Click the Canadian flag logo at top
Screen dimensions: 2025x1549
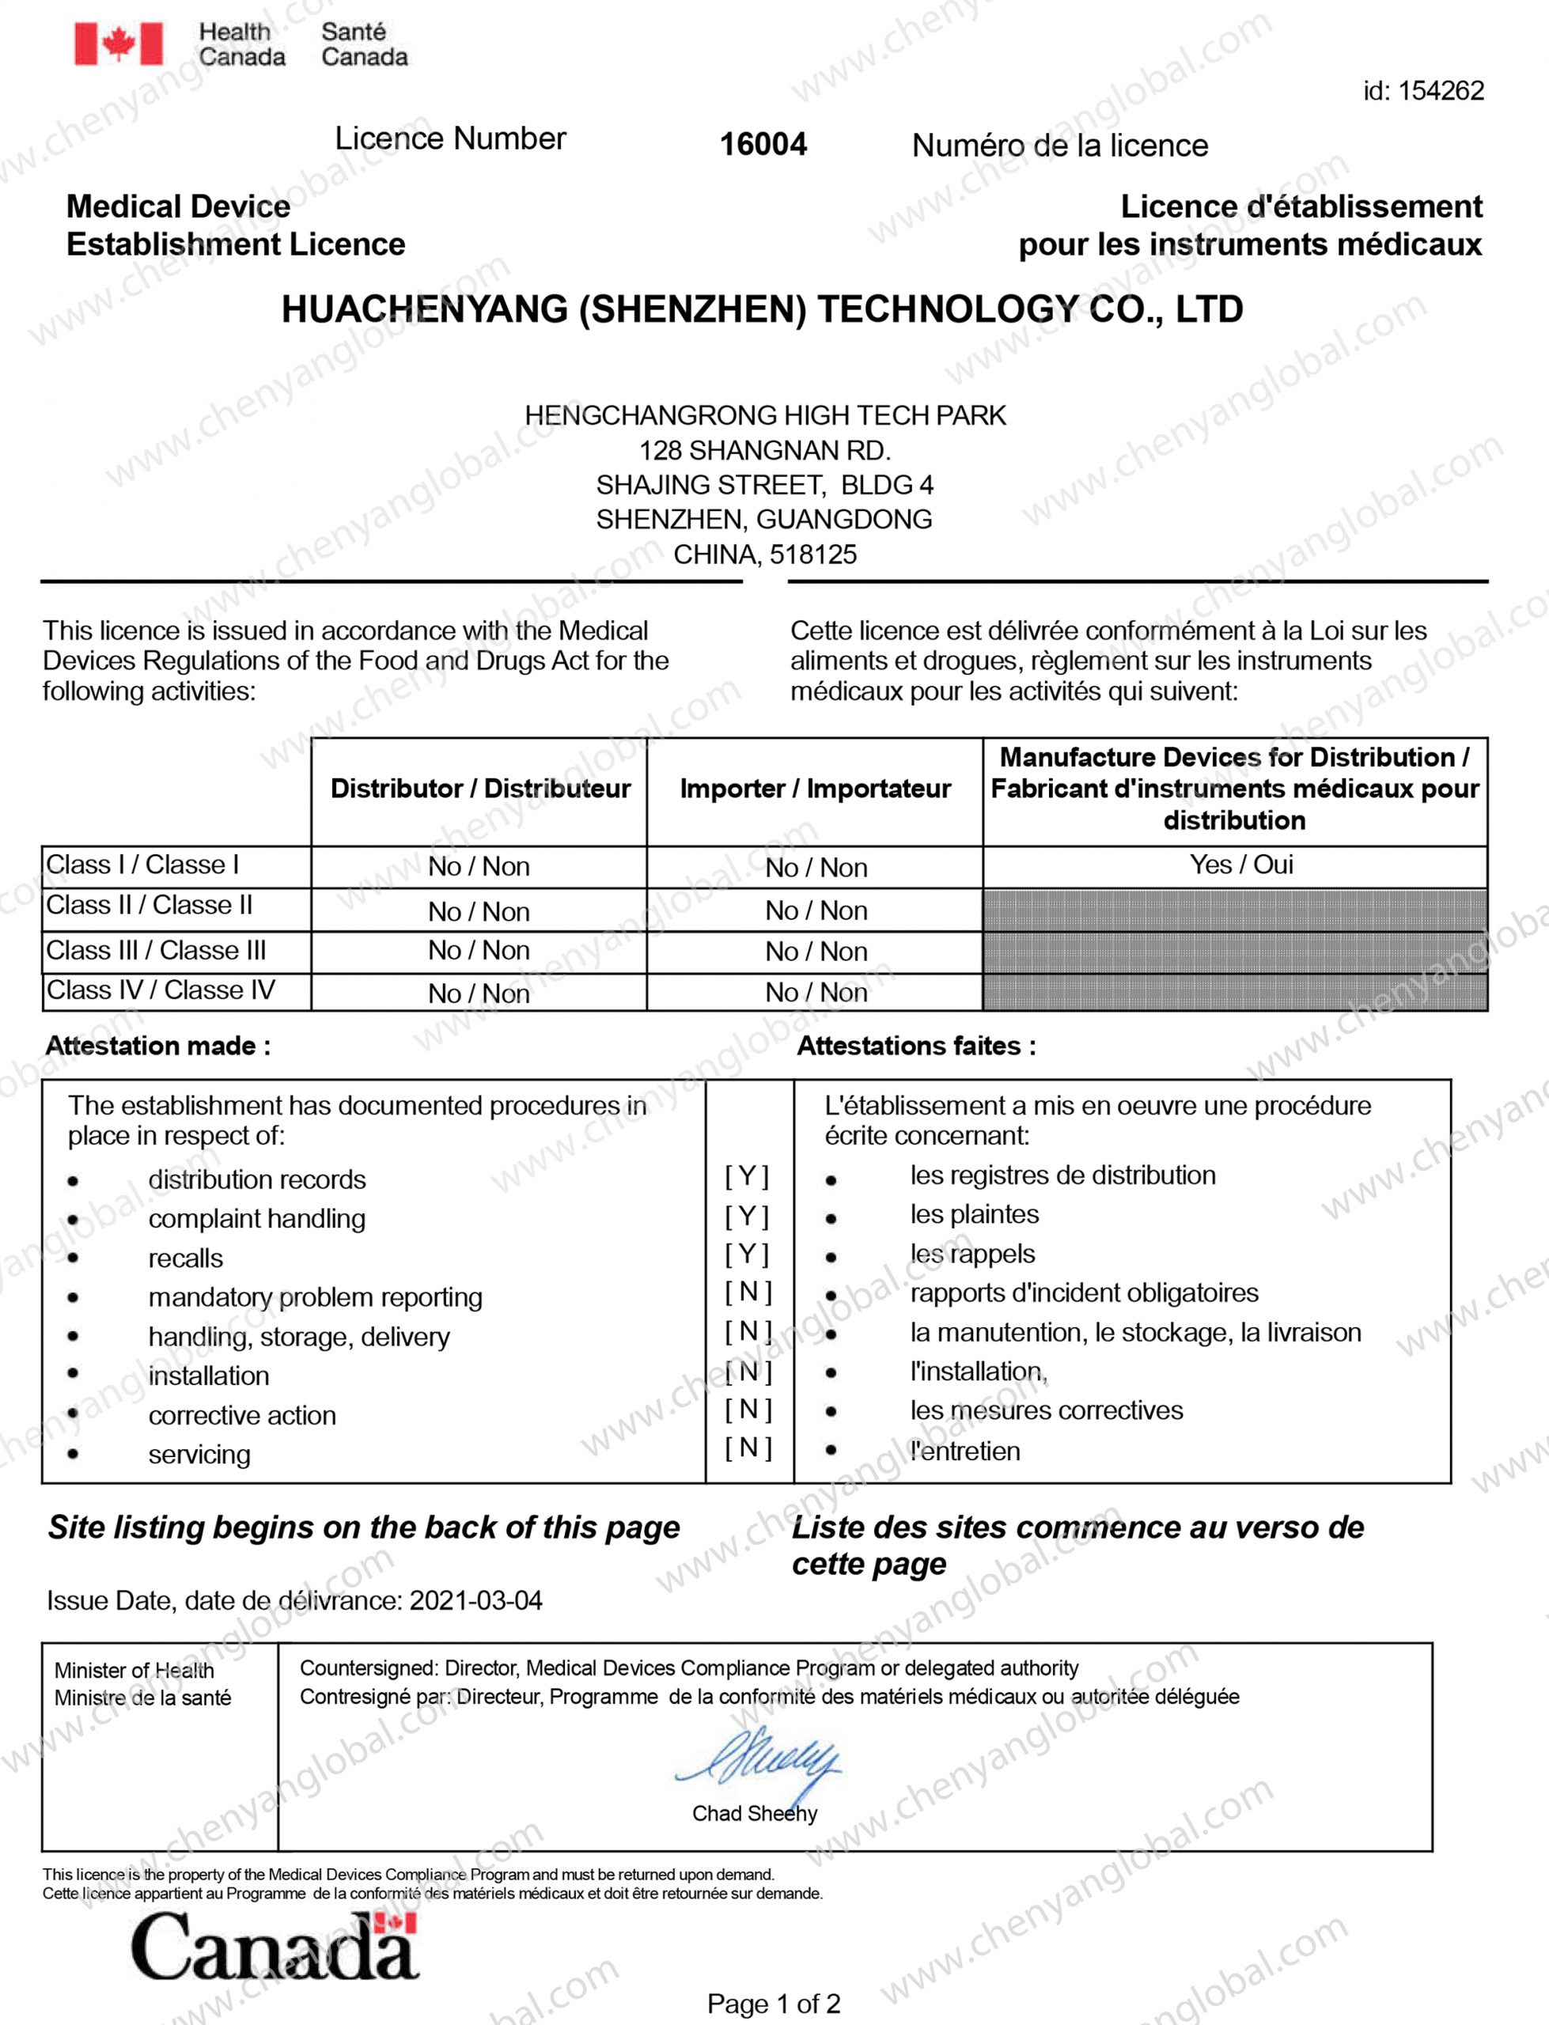pos(118,44)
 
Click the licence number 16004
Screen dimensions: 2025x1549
pos(763,144)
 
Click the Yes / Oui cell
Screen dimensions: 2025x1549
pos(1241,865)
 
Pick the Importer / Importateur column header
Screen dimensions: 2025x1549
pos(815,789)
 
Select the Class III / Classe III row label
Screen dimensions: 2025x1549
pos(156,950)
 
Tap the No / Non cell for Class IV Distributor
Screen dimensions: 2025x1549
pos(479,994)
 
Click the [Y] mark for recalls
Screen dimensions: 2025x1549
pos(747,1254)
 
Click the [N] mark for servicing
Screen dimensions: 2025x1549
pos(747,1448)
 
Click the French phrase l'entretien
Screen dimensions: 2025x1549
pos(964,1452)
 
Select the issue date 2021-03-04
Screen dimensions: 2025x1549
pos(475,1600)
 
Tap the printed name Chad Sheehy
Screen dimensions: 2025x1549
pos(754,1814)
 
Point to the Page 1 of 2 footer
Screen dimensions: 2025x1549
pos(773,2004)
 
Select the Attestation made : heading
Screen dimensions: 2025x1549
pos(157,1047)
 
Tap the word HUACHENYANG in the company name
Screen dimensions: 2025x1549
pos(424,310)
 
